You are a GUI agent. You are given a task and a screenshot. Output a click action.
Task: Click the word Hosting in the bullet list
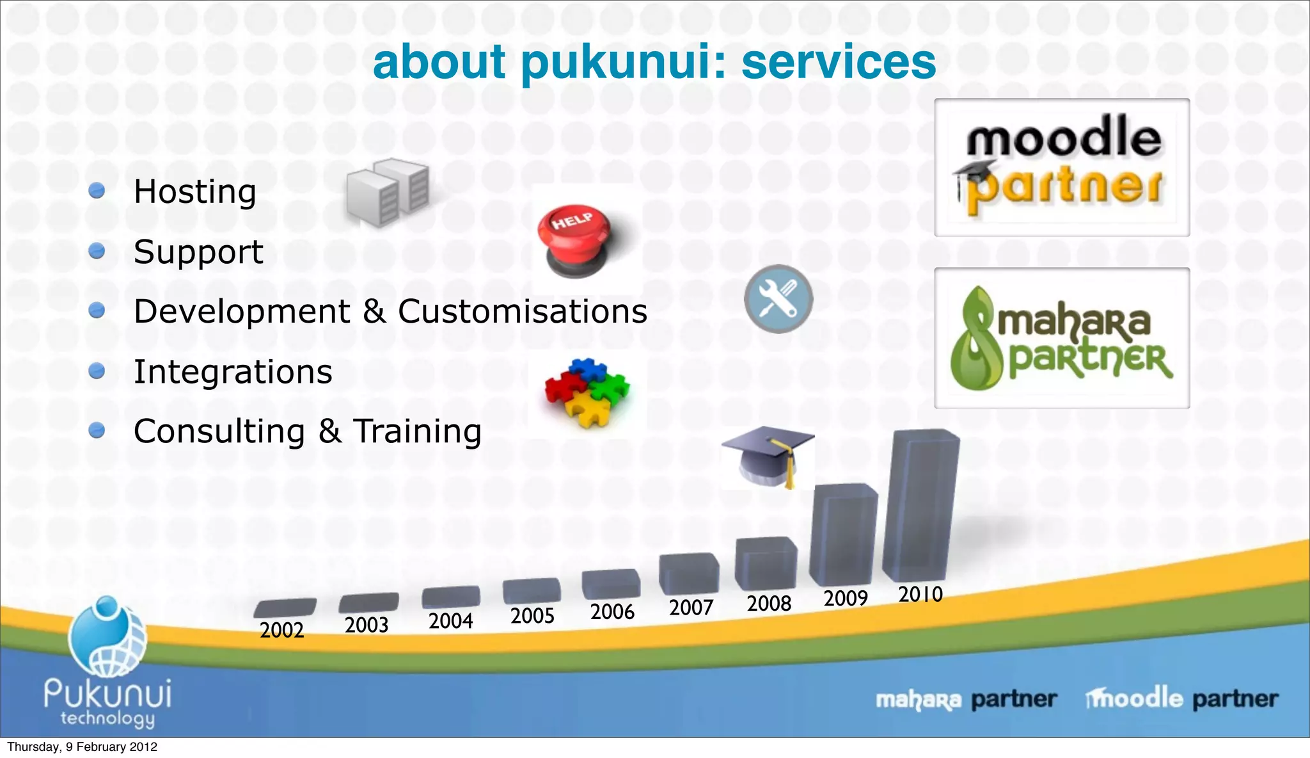[x=194, y=191]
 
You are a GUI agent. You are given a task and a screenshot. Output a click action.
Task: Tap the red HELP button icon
[x=575, y=240]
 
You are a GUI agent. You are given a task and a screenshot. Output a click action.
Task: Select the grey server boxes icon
[x=388, y=191]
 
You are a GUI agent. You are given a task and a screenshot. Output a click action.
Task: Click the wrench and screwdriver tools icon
[x=778, y=299]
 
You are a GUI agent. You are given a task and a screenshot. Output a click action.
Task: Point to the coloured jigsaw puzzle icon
[x=587, y=392]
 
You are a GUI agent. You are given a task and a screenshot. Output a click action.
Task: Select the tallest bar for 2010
[x=920, y=506]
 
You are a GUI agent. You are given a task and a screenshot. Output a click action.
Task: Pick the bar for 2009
[x=844, y=535]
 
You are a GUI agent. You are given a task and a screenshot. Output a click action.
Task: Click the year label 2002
[x=281, y=630]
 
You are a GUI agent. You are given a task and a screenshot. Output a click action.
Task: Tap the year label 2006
[x=612, y=612]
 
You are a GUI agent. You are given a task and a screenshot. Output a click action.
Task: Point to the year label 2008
[x=769, y=603]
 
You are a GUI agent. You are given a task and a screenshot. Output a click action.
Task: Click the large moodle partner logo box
[x=1062, y=168]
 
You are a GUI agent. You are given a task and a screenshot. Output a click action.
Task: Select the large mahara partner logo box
[x=1062, y=338]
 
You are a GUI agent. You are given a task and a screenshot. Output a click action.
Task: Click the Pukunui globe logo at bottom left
[x=107, y=637]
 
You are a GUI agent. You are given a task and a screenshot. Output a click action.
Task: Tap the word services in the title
[x=839, y=62]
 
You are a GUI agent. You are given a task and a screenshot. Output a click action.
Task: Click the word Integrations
[x=233, y=372]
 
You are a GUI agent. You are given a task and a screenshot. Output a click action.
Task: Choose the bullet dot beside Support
[x=97, y=251]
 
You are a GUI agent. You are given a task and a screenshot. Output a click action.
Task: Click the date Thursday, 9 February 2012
[x=82, y=747]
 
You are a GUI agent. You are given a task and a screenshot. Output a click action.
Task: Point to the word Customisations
[x=523, y=312]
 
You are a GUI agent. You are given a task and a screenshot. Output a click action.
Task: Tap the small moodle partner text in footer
[x=1182, y=698]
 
